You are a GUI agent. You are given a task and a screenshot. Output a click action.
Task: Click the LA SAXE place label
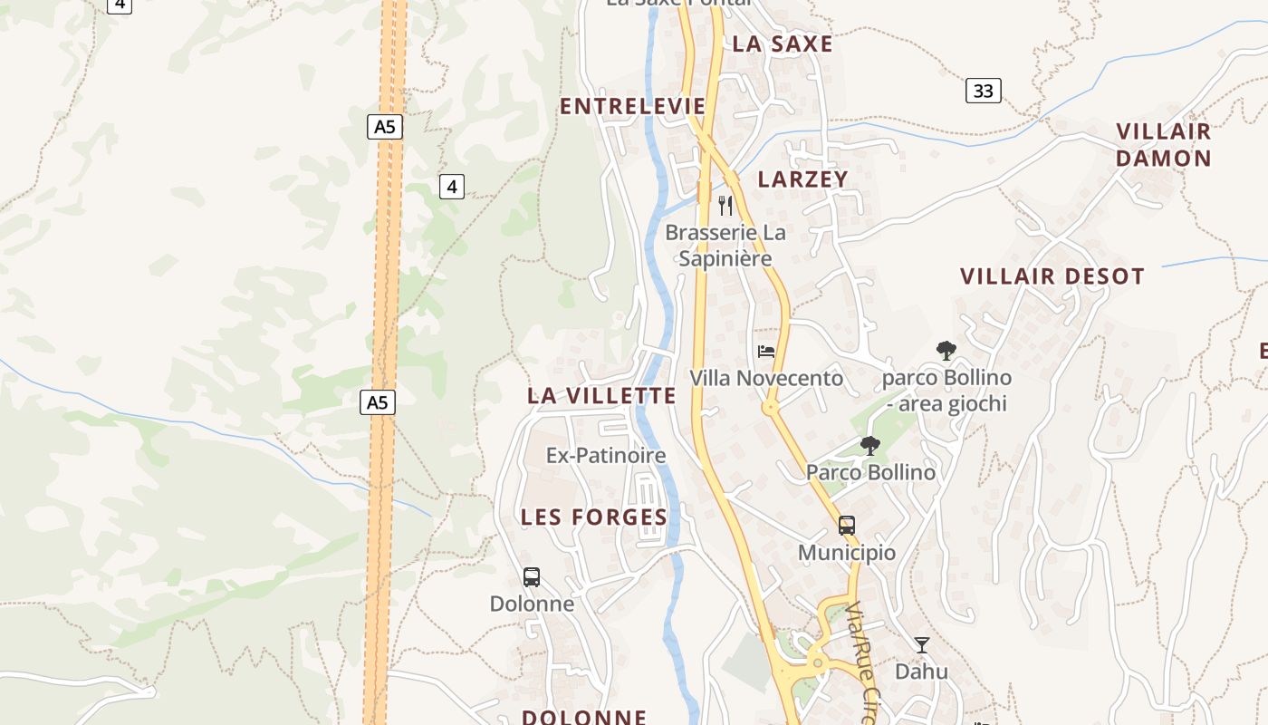tap(782, 43)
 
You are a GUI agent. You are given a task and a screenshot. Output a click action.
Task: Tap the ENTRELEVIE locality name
tap(632, 106)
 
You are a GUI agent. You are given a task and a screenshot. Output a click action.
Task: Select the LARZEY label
tap(802, 179)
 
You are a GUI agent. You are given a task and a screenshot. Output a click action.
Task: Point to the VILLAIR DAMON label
tap(1163, 145)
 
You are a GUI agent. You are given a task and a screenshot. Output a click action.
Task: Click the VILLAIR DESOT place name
tap(1052, 276)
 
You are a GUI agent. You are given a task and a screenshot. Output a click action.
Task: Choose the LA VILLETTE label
tap(601, 395)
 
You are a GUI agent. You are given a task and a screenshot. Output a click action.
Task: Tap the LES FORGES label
tap(593, 517)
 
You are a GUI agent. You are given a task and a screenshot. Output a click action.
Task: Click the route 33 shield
tap(983, 91)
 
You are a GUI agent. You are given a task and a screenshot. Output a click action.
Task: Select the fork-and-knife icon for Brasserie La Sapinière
tap(725, 206)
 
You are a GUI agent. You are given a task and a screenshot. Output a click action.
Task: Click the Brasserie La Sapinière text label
tap(725, 246)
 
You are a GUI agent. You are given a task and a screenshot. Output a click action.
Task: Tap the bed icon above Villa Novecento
tap(766, 351)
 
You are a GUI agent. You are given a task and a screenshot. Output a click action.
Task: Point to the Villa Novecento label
tap(766, 378)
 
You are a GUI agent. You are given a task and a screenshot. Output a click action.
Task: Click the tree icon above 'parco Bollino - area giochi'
tap(946, 350)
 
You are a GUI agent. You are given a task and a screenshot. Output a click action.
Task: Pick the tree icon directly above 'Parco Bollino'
tap(870, 445)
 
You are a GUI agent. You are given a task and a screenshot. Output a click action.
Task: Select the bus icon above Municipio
tap(847, 526)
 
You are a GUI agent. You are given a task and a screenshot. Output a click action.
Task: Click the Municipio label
tap(847, 553)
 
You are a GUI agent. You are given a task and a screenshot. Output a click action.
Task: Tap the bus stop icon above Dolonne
tap(532, 576)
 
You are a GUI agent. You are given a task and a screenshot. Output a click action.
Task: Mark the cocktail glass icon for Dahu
tap(922, 645)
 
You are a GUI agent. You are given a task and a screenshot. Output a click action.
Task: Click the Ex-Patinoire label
tap(605, 455)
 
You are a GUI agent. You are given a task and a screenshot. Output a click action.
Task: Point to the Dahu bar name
tap(921, 672)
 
